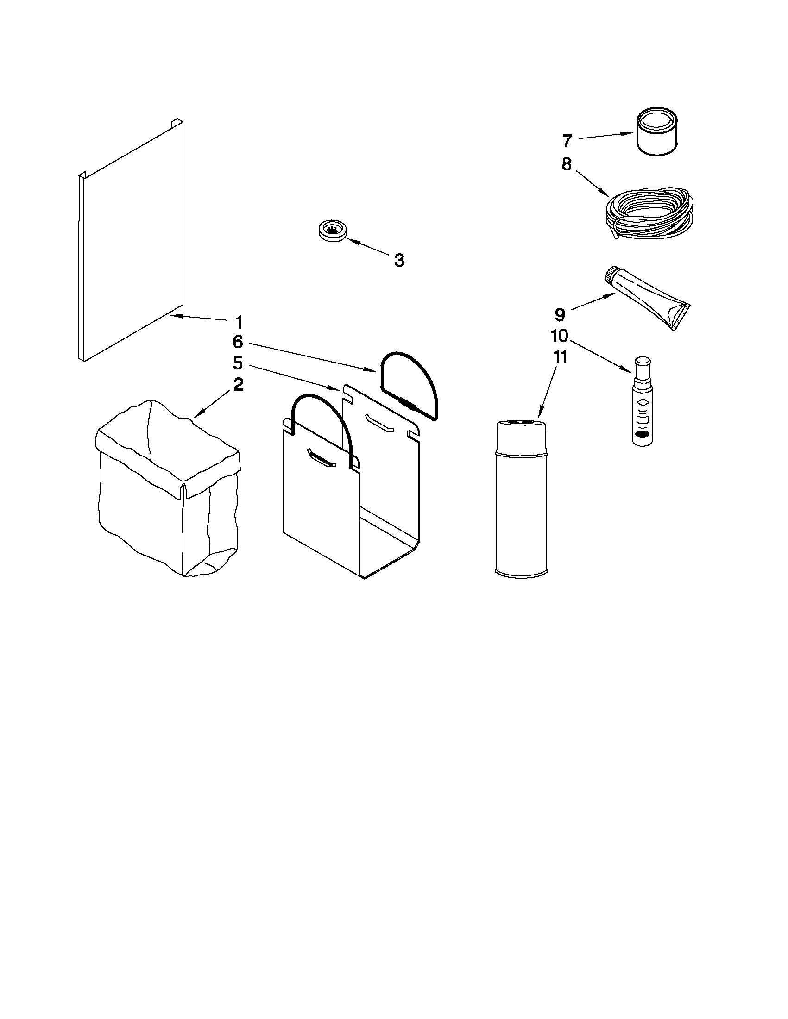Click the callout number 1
pyautogui.click(x=239, y=322)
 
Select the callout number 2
pyautogui.click(x=239, y=384)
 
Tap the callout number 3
pyautogui.click(x=399, y=260)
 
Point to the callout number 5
pyautogui.click(x=238, y=363)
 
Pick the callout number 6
pyautogui.click(x=238, y=342)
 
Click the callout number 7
pyautogui.click(x=567, y=140)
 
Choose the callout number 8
pyautogui.click(x=566, y=164)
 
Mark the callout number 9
pyautogui.click(x=560, y=314)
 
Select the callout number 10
pyautogui.click(x=559, y=336)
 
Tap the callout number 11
pyautogui.click(x=560, y=356)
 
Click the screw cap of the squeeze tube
pyautogui.click(x=612, y=275)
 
